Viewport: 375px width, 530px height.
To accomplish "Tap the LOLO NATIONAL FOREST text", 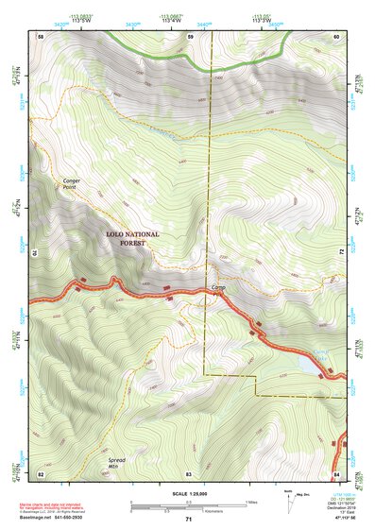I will pyautogui.click(x=132, y=238).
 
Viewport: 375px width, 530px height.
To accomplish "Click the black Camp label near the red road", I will pyautogui.click(x=218, y=287).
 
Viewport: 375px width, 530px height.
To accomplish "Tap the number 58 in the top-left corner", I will pyautogui.click(x=40, y=35).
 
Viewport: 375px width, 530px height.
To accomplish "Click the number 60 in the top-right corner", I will pyautogui.click(x=336, y=35).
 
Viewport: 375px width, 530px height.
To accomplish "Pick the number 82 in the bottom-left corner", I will pyautogui.click(x=40, y=471).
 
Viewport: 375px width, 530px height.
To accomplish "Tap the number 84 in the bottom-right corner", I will pyautogui.click(x=336, y=471).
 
